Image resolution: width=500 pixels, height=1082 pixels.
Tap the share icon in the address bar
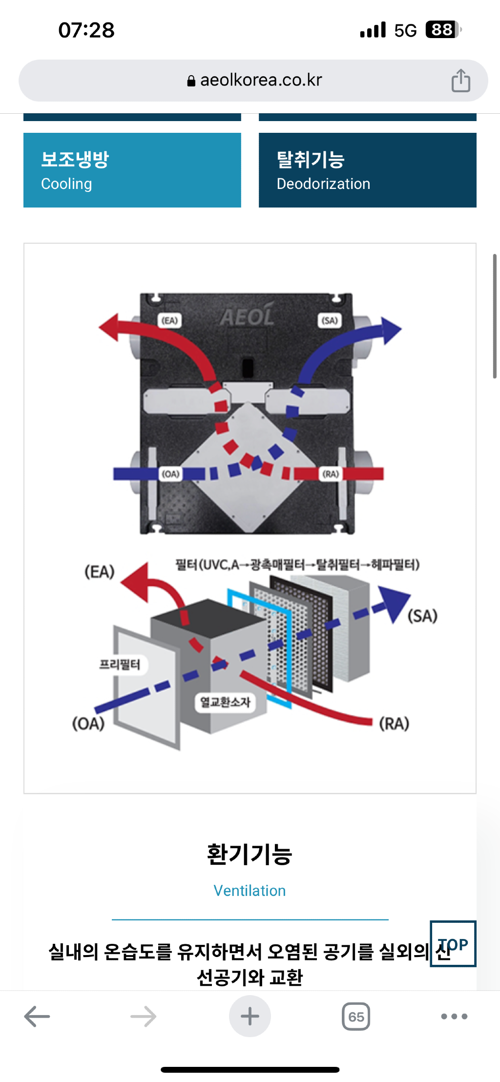coord(460,81)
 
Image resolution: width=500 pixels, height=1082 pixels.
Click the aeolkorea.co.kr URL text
coord(261,80)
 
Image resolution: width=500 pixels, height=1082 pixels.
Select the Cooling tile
coord(132,170)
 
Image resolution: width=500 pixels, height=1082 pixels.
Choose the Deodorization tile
coord(367,170)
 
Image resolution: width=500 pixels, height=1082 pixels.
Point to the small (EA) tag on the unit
coord(169,320)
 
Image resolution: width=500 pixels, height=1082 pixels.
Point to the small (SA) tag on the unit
coord(330,320)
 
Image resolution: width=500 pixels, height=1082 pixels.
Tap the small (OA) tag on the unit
coord(170,474)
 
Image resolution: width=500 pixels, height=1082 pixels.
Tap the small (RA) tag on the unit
coord(331,474)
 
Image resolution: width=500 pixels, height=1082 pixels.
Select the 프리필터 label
coord(120,665)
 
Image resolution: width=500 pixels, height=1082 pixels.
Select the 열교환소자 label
coord(225,702)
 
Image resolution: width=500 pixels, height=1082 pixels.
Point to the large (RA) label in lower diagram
coord(394,723)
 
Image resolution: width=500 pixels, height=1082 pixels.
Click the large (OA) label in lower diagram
coord(88,723)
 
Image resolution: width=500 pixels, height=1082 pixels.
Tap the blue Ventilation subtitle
coord(250,891)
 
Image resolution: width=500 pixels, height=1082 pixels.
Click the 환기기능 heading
coord(250,854)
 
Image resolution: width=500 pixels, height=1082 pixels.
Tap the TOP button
coord(453,944)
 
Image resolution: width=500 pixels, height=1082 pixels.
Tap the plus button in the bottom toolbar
coord(250,1016)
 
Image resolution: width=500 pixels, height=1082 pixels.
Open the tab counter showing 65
coord(356,1017)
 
